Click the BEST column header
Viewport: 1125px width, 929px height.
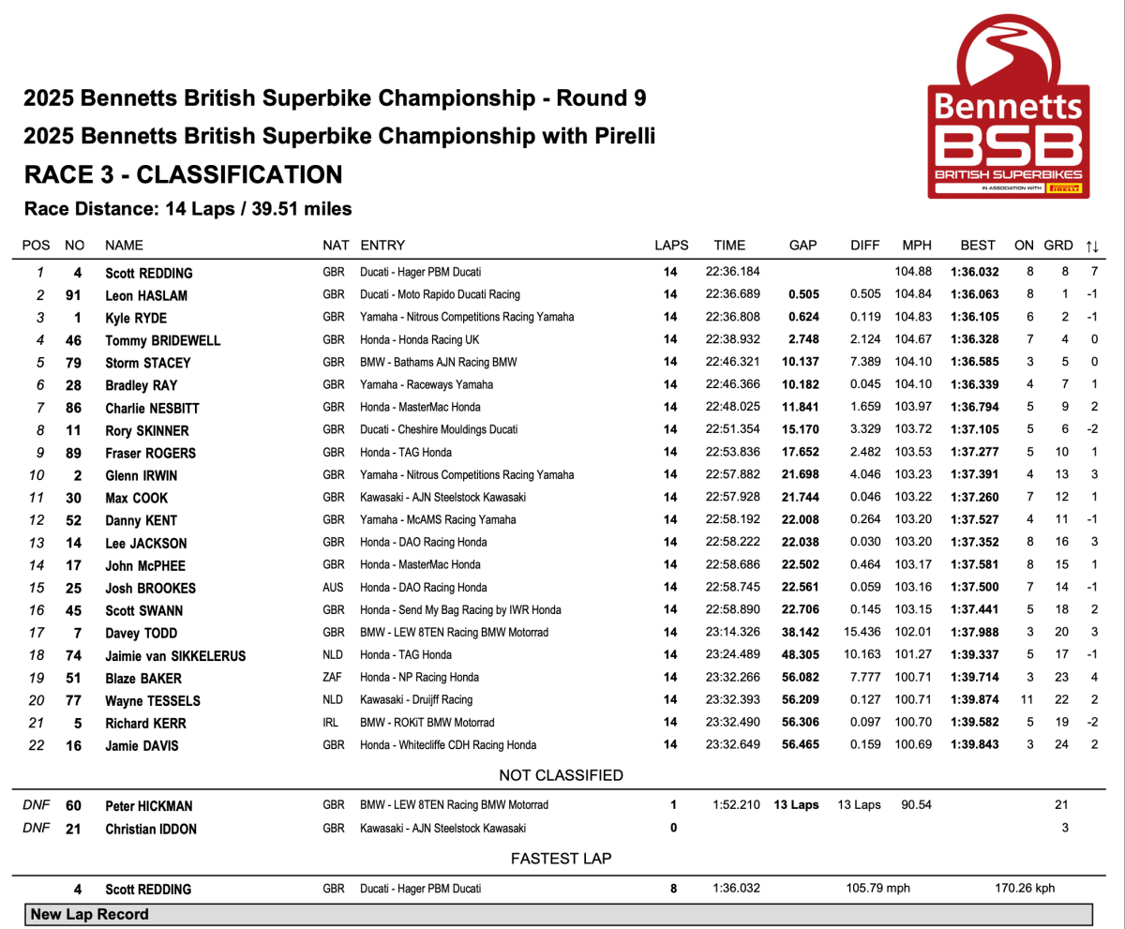978,246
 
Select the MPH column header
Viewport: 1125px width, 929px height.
916,246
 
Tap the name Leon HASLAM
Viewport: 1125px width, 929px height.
149,296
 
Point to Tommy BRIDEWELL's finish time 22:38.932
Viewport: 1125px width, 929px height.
730,340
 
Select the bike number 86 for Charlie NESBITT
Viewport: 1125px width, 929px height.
78,408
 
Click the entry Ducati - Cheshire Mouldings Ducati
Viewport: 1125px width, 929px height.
439,430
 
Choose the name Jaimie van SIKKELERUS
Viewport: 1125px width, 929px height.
175,655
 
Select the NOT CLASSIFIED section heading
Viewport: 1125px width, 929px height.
561,775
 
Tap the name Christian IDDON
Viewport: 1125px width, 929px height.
153,829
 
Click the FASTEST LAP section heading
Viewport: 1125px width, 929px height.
561,859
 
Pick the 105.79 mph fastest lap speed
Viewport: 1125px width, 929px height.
877,889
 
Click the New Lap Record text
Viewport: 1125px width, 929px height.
89,914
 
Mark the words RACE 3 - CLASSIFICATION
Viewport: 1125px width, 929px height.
183,175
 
